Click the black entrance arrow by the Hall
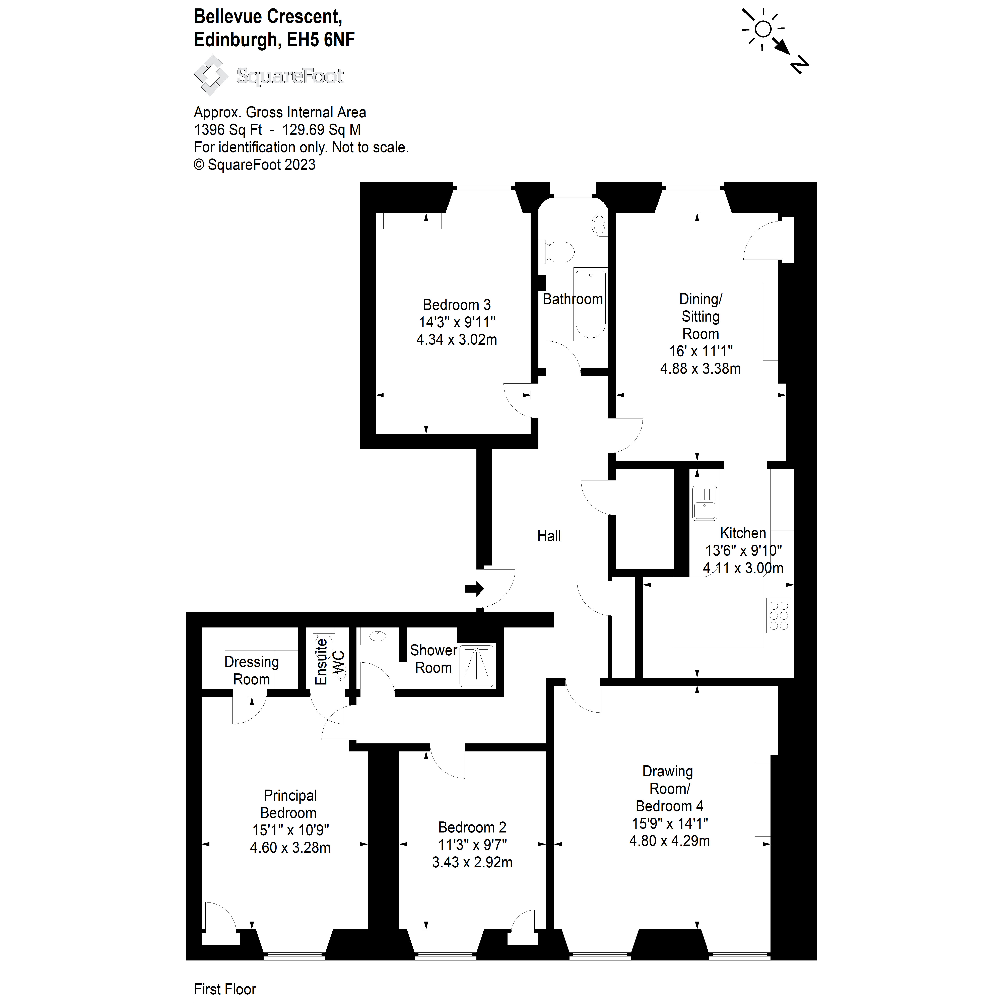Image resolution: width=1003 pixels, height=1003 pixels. point(473,589)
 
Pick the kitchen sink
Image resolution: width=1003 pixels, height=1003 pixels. point(705,503)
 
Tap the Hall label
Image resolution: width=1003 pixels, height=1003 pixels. point(549,536)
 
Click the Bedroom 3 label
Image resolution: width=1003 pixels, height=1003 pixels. point(456,305)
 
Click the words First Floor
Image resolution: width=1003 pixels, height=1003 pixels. point(225,989)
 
